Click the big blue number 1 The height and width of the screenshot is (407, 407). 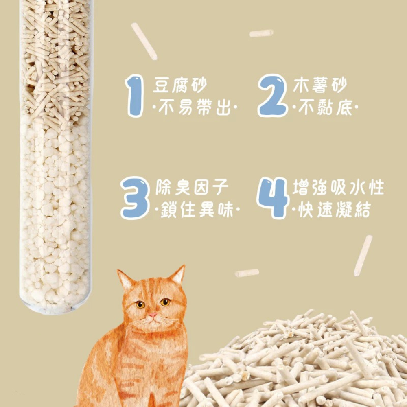coord(135,96)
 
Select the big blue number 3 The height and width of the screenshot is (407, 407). coord(135,198)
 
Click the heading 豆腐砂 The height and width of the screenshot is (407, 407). coord(180,84)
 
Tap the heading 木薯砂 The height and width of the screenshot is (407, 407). coord(320,84)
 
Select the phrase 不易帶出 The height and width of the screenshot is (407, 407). coord(195,107)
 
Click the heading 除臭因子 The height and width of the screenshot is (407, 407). coord(192,187)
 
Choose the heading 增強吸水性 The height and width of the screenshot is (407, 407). coord(339,187)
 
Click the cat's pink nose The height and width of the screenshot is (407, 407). coord(153,315)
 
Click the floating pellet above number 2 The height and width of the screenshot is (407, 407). coord(261,33)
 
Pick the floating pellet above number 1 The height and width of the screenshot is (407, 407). coord(144,42)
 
